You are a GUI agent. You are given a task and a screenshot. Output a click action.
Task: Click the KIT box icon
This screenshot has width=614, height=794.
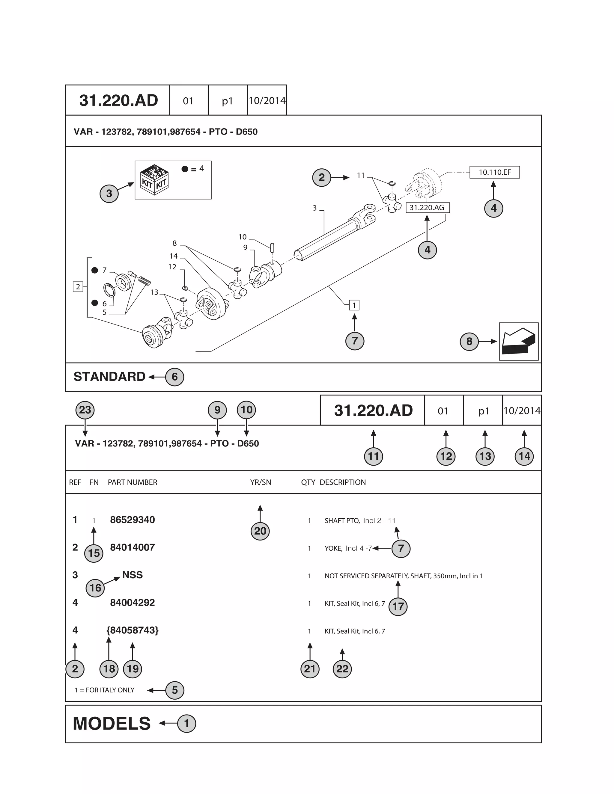tap(154, 179)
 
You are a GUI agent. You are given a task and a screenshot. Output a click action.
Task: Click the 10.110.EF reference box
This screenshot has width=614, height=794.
tap(494, 172)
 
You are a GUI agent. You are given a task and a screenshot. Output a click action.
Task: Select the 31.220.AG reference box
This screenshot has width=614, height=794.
tap(427, 208)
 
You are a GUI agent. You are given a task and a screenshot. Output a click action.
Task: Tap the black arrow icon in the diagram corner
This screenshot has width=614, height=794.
tap(518, 341)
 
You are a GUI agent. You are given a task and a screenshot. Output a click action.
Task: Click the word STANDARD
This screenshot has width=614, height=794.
tap(109, 377)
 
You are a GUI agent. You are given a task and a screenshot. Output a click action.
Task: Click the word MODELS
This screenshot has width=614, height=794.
tap(112, 724)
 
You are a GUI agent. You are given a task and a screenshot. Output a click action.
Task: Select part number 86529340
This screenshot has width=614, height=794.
tap(133, 520)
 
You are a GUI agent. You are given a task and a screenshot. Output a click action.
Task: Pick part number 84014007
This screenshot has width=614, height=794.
tap(133, 547)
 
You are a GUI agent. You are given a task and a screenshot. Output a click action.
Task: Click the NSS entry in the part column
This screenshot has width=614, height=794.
tap(133, 575)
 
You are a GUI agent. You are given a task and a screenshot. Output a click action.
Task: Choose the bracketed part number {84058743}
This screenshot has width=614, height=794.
tap(133, 630)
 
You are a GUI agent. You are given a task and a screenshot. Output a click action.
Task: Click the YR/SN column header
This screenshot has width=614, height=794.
tap(261, 482)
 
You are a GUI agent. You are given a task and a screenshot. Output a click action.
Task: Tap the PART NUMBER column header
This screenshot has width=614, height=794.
tap(133, 482)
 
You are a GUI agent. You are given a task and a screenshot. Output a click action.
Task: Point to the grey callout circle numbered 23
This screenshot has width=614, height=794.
tap(85, 410)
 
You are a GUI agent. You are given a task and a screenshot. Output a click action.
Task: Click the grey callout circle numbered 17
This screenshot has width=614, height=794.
tap(398, 606)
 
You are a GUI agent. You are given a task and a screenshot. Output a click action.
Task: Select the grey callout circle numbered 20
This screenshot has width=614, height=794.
tap(260, 531)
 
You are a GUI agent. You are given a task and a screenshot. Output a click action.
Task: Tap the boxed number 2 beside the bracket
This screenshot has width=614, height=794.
tap(78, 286)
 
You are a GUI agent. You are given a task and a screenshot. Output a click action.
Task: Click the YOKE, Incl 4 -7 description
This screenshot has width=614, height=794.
tap(348, 548)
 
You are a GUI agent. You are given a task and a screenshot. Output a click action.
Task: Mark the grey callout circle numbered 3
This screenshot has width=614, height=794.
tap(109, 194)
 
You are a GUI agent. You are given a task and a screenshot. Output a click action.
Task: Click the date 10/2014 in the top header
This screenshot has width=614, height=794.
tap(267, 101)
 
